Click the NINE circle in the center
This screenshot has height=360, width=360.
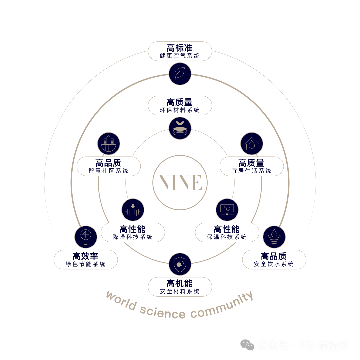[x=180, y=182]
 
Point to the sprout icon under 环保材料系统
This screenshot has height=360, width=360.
[x=180, y=128]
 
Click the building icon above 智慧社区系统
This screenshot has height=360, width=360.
[x=109, y=144]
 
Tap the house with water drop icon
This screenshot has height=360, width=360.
[x=252, y=144]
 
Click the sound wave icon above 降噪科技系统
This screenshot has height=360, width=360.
[x=133, y=210]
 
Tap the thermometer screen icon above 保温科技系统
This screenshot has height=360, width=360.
[x=227, y=210]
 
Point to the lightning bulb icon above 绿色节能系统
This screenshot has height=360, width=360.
[x=86, y=237]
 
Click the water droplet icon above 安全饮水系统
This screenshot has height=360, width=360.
[x=274, y=237]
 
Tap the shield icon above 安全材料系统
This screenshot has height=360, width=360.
[x=180, y=264]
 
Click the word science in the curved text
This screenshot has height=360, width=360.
[x=163, y=312]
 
